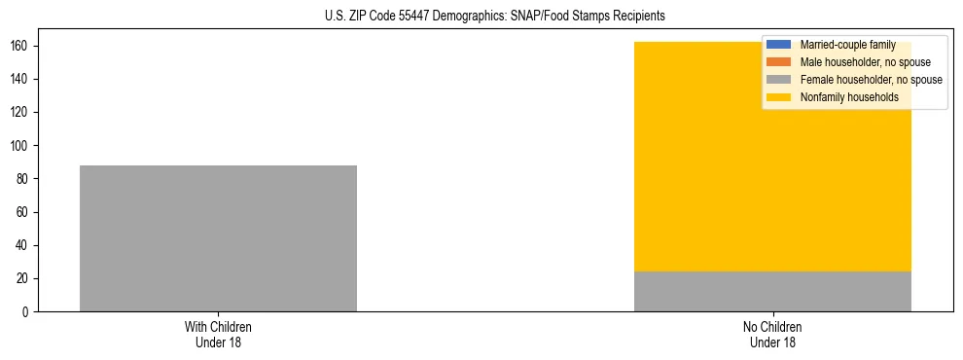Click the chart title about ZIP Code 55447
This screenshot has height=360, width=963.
[495, 17]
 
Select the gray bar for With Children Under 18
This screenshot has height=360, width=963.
[218, 238]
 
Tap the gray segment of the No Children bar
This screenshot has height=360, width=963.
[772, 291]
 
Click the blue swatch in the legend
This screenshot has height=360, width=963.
[779, 45]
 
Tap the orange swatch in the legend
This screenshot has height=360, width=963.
[779, 62]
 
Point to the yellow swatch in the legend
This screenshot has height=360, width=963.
[779, 97]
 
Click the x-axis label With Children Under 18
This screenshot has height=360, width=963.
[218, 334]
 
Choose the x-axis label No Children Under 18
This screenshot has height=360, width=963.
[772, 334]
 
